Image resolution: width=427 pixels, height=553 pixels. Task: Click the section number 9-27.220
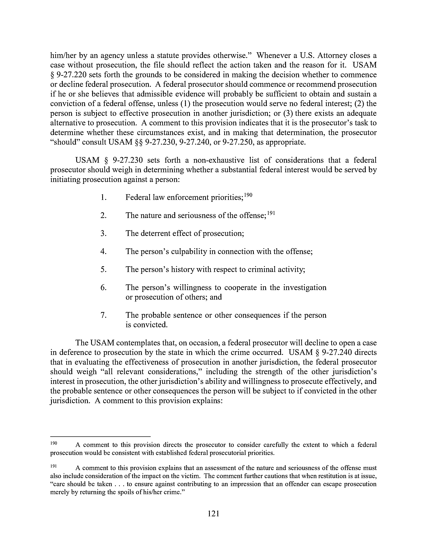point(70,75)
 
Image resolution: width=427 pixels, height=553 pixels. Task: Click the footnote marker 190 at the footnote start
point(54,443)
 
